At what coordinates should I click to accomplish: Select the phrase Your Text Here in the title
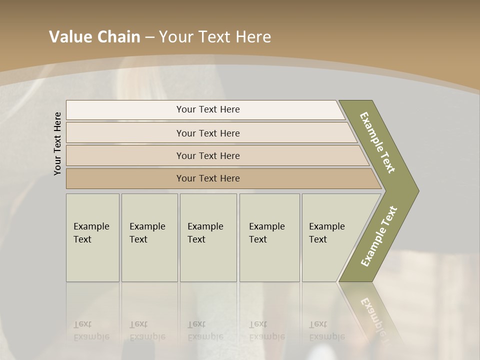point(215,37)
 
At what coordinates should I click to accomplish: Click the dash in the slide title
point(149,37)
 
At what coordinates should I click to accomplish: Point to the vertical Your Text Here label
point(57,143)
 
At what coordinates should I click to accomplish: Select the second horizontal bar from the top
point(208,133)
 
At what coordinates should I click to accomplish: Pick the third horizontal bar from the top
point(208,155)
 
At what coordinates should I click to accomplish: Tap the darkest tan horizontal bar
point(208,178)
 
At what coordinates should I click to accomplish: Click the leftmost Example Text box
point(92,237)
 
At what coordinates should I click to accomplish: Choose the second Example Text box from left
point(149,237)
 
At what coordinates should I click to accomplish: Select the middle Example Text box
point(208,237)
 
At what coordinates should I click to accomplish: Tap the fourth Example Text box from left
point(269,237)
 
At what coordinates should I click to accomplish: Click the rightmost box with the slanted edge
point(330,237)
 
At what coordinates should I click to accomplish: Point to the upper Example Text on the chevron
point(377,142)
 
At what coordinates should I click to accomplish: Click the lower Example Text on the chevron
point(379,236)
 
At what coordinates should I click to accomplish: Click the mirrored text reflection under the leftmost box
point(91,330)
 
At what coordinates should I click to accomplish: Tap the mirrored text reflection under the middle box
point(205,330)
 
